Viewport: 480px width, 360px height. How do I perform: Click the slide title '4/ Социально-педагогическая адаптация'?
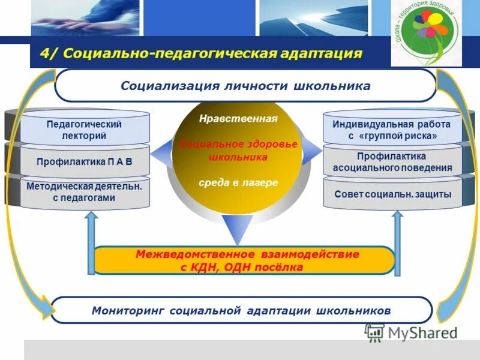point(201,53)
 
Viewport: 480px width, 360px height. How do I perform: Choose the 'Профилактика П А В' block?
point(84,161)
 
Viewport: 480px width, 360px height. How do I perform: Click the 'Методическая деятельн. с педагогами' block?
point(84,192)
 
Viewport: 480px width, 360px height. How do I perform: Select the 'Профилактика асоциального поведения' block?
point(392,162)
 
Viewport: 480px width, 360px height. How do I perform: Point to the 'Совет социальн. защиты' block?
point(392,194)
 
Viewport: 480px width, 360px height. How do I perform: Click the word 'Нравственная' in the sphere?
point(238,119)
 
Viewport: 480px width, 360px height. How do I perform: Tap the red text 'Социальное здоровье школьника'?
point(238,151)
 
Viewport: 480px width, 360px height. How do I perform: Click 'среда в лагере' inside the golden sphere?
point(238,182)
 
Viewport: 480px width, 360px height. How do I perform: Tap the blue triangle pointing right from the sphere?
point(312,150)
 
